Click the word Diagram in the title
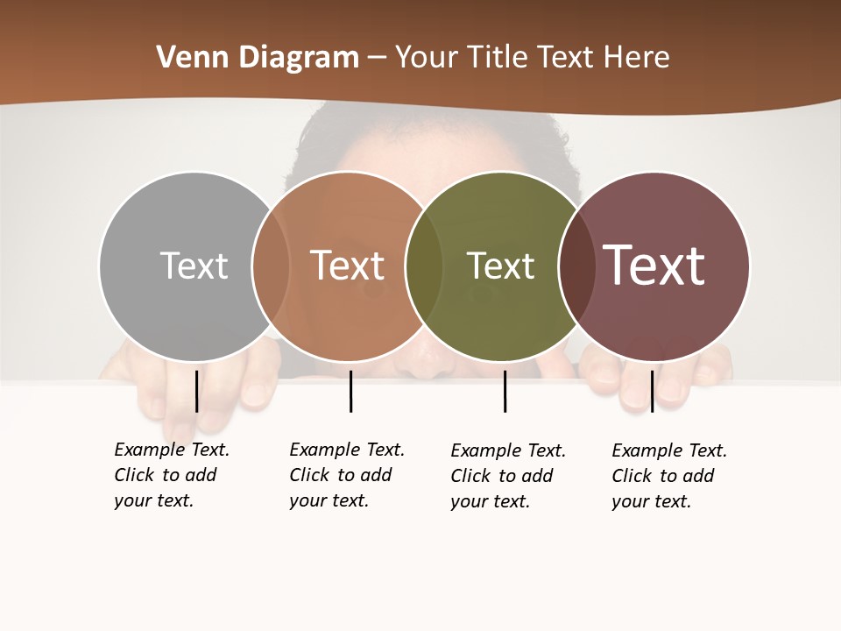pyautogui.click(x=298, y=58)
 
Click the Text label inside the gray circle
pyautogui.click(x=194, y=266)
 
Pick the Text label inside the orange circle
pyautogui.click(x=348, y=266)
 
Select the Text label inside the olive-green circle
pyautogui.click(x=500, y=266)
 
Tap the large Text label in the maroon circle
pyautogui.click(x=654, y=266)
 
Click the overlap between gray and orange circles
pyautogui.click(x=271, y=266)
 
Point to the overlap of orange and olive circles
pyautogui.click(x=424, y=266)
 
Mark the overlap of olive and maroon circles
pyautogui.click(x=577, y=266)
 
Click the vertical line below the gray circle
pyautogui.click(x=196, y=391)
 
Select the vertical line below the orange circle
pyautogui.click(x=350, y=391)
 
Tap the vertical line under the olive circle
pyautogui.click(x=505, y=391)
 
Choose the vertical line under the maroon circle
pyautogui.click(x=652, y=391)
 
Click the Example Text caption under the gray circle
pyautogui.click(x=171, y=475)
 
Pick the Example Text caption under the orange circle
pyautogui.click(x=346, y=475)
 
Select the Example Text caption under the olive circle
pyautogui.click(x=507, y=476)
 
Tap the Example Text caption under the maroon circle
pyautogui.click(x=668, y=476)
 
